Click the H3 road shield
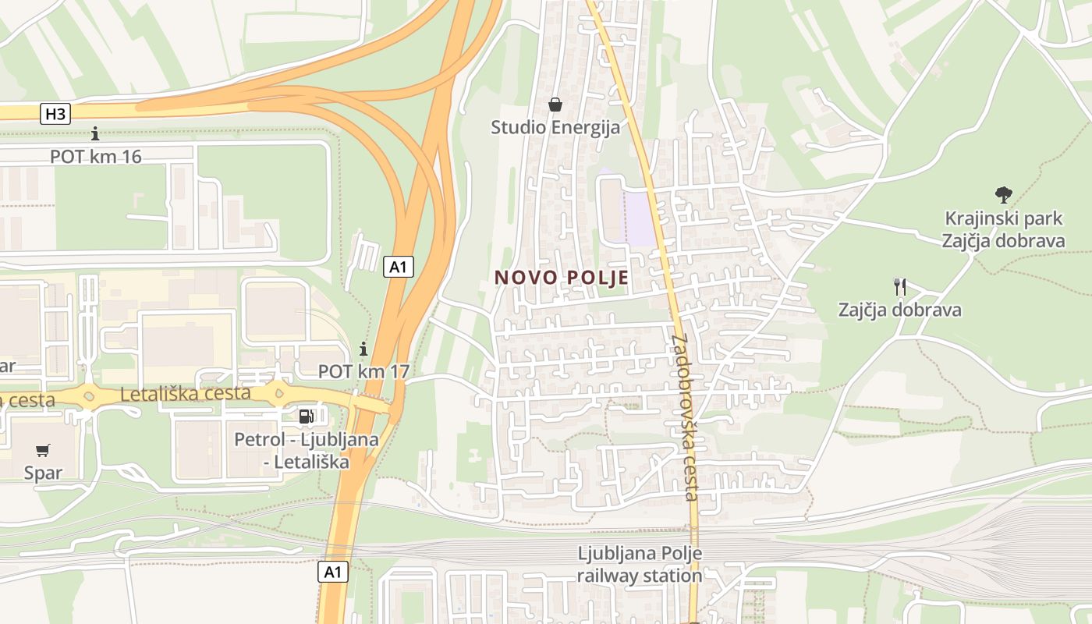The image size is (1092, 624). pyautogui.click(x=56, y=114)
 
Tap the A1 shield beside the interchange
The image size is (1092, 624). pyautogui.click(x=399, y=267)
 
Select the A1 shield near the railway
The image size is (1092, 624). pyautogui.click(x=333, y=572)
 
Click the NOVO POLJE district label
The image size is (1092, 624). pyautogui.click(x=562, y=278)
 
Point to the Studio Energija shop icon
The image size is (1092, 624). pyautogui.click(x=555, y=105)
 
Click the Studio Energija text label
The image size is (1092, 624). pyautogui.click(x=555, y=127)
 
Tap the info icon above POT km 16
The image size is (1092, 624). pyautogui.click(x=95, y=134)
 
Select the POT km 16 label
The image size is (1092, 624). pyautogui.click(x=96, y=157)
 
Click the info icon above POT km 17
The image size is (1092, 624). pyautogui.click(x=363, y=349)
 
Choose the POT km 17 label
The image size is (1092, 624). pyautogui.click(x=363, y=371)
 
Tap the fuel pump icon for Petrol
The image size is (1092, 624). pyautogui.click(x=307, y=417)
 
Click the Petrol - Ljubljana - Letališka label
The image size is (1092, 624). pyautogui.click(x=307, y=451)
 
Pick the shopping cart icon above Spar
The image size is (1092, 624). pyautogui.click(x=43, y=450)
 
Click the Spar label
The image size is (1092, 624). pyautogui.click(x=43, y=473)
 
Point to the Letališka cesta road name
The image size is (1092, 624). pyautogui.click(x=186, y=394)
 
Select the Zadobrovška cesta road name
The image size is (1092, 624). pyautogui.click(x=684, y=417)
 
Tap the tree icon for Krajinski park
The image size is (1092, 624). pyautogui.click(x=1003, y=195)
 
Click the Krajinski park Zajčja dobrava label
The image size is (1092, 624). pyautogui.click(x=1003, y=229)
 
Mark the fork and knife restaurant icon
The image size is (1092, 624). pyautogui.click(x=900, y=287)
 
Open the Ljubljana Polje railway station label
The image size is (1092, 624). pyautogui.click(x=640, y=565)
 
